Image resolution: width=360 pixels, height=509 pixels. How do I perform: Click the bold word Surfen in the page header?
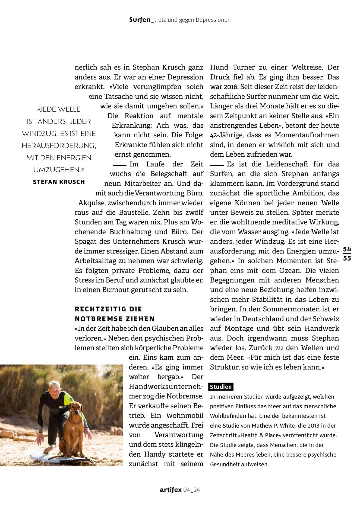coord(140,20)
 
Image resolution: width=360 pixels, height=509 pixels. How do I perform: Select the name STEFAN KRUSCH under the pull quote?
coord(59,182)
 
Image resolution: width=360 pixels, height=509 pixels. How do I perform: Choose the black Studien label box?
coord(221,387)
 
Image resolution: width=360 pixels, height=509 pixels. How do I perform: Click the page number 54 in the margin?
coord(347,249)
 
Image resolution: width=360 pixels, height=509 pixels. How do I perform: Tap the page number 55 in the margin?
coord(347,258)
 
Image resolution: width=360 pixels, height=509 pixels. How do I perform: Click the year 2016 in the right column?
coord(231,87)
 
